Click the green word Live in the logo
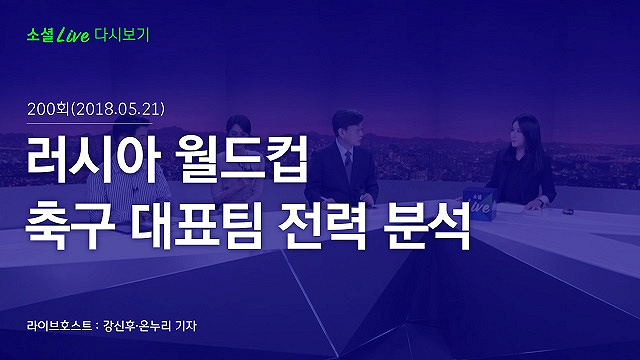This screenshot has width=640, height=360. click(73, 35)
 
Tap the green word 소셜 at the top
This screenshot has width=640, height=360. click(40, 35)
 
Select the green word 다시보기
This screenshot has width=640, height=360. click(122, 35)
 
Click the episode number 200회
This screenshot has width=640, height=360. click(48, 109)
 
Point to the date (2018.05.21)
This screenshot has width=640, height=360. click(118, 109)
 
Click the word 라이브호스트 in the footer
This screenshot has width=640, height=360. click(59, 326)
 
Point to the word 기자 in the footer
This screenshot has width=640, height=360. click(186, 326)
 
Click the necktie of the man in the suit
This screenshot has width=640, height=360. click(348, 162)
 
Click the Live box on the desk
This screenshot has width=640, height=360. click(481, 204)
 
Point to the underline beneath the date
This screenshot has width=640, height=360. click(90, 123)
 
